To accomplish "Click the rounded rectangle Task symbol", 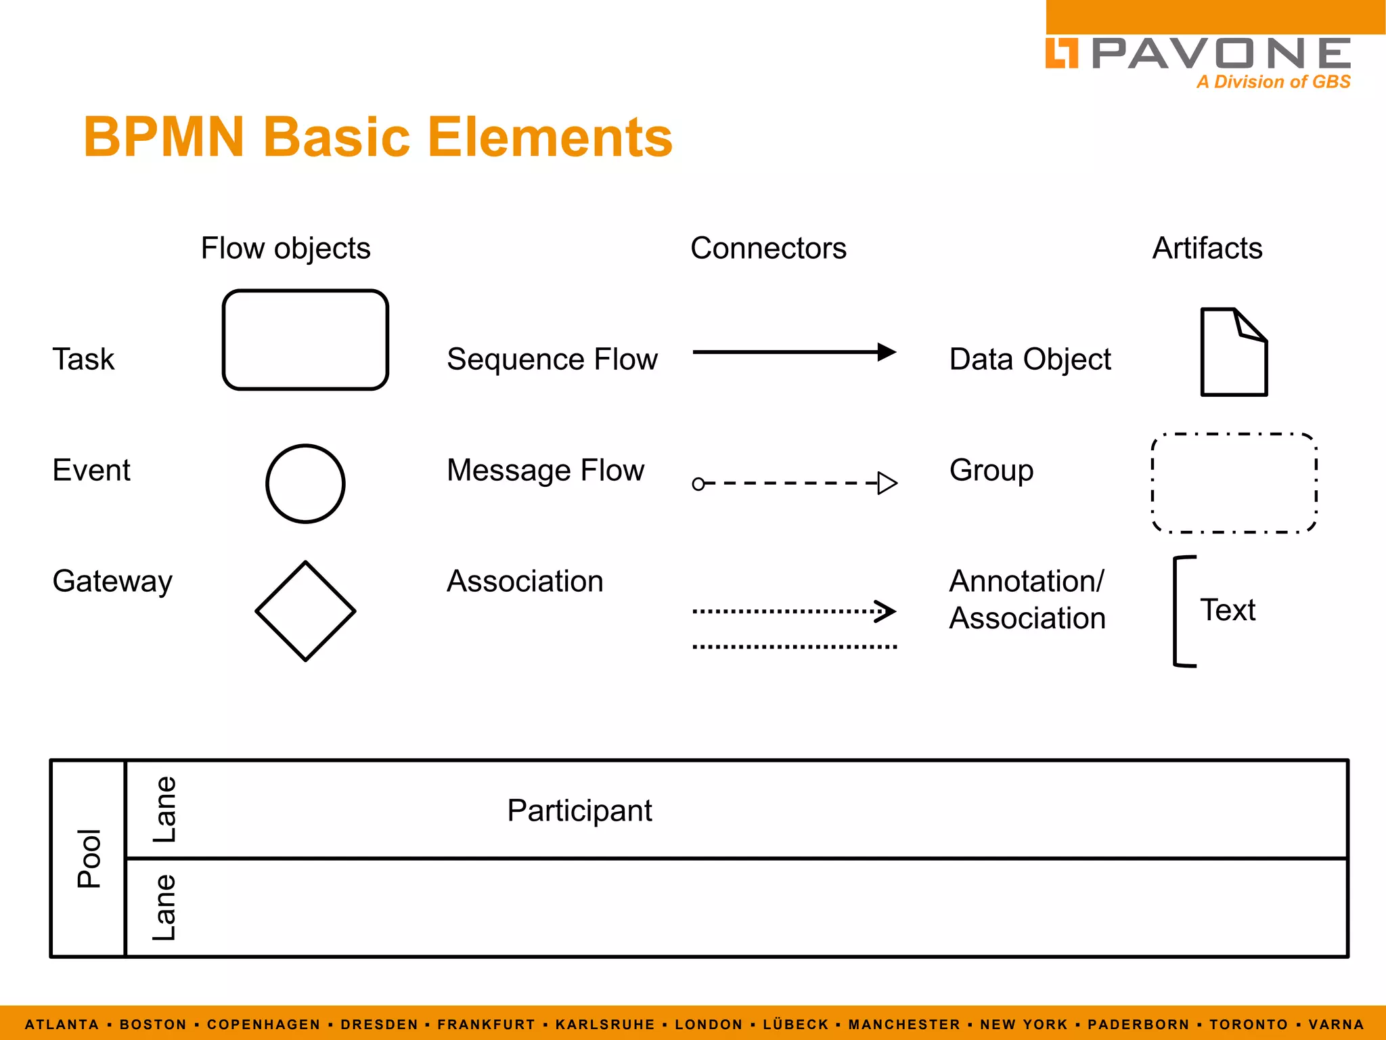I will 305,340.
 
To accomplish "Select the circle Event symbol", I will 305,483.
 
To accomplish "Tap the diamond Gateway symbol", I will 305,611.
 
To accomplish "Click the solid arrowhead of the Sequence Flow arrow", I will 886,352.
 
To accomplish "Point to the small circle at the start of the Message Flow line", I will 698,483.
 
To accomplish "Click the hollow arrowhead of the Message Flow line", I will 887,483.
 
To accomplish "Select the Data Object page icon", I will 1233,352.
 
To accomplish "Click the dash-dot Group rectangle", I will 1234,483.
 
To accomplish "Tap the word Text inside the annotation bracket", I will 1227,610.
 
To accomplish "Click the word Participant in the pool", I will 579,810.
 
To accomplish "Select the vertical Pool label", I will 89,858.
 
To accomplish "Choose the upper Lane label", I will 164,809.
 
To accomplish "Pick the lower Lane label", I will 164,907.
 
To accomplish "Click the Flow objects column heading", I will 286,248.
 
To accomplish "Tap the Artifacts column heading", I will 1207,248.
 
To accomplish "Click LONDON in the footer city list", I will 709,1024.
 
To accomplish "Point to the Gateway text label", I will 112,582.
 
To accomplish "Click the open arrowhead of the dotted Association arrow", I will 886,611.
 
